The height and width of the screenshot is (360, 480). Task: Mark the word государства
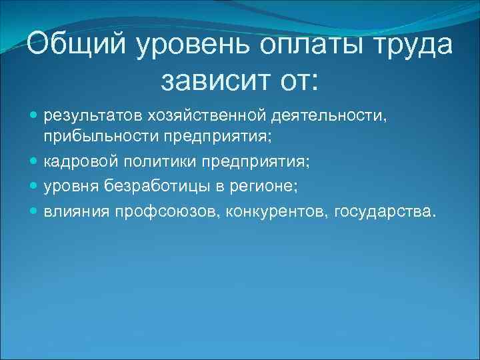click(x=387, y=211)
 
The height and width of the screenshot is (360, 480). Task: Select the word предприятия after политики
click(x=263, y=161)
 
